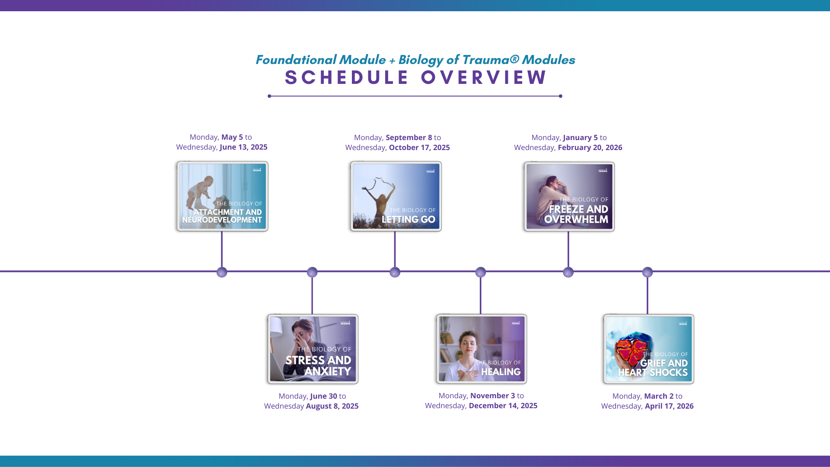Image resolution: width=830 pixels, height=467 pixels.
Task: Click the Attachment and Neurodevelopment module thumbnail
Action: tap(223, 196)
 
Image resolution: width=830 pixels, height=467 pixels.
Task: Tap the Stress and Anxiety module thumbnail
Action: tap(313, 349)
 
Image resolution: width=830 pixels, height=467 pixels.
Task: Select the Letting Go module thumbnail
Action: tap(396, 196)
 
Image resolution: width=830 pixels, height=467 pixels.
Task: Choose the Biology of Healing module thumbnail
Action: tap(482, 349)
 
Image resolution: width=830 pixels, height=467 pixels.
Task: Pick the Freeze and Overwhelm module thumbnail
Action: tap(569, 197)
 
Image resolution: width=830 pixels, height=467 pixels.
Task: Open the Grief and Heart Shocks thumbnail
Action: tap(648, 349)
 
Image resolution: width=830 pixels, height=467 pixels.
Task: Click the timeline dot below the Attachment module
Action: tap(222, 272)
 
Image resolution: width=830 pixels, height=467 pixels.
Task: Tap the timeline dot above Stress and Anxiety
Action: tap(312, 272)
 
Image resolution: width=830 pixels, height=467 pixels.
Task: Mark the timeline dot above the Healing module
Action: tap(480, 272)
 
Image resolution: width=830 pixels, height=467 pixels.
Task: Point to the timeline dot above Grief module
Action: tap(647, 272)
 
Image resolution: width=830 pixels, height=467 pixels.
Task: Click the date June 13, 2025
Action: tap(243, 147)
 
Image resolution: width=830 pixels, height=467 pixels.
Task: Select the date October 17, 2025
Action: tap(419, 147)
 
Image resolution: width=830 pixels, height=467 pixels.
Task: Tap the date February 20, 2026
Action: tap(590, 147)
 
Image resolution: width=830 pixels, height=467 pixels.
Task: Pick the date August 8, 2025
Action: tap(332, 406)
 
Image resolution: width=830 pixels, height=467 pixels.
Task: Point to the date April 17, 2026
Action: tap(669, 406)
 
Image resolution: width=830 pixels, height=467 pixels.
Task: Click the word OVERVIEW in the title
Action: tap(484, 78)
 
